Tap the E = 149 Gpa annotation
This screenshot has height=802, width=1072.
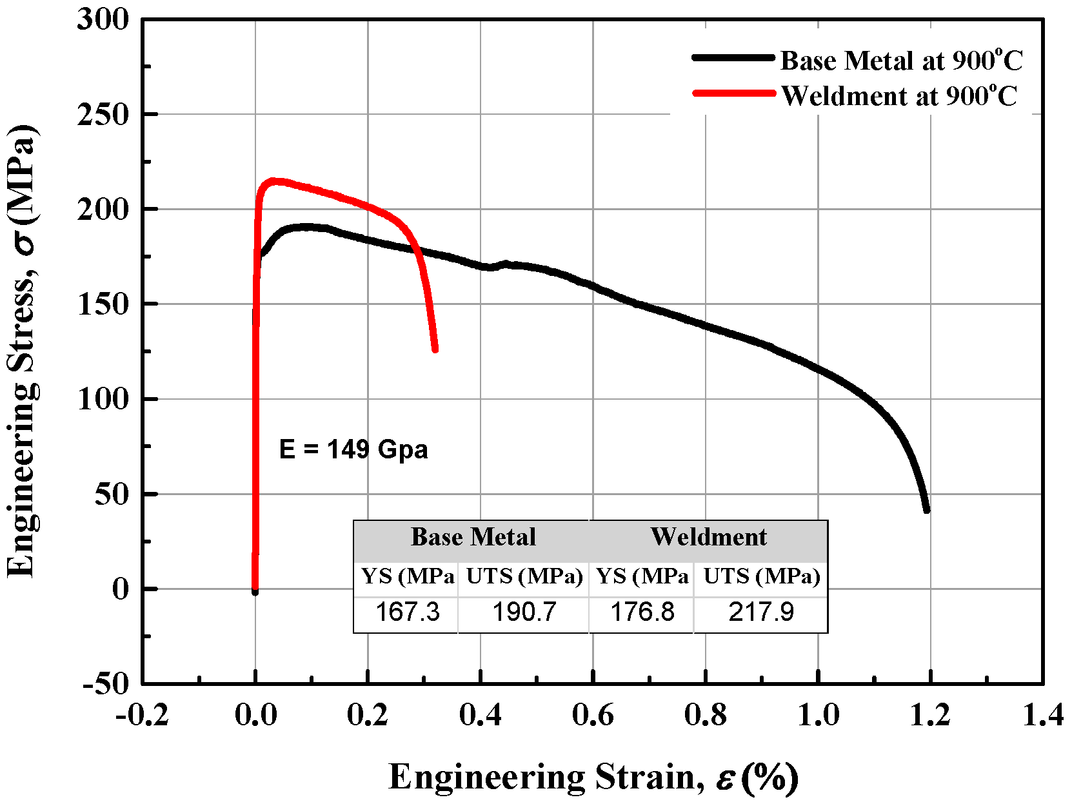click(353, 449)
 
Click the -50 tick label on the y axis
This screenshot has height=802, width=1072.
click(106, 684)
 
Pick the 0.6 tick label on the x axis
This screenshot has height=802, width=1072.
click(593, 716)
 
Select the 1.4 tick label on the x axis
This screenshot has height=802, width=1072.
click(1042, 716)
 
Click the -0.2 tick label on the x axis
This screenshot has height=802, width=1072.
click(142, 716)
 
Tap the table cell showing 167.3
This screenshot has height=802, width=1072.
click(407, 612)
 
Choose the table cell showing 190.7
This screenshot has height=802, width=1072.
click(524, 612)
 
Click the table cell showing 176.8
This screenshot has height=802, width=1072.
click(642, 612)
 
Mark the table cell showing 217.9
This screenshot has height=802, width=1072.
click(761, 612)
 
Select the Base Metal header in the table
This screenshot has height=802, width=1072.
click(473, 537)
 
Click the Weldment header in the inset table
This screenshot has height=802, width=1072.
click(708, 537)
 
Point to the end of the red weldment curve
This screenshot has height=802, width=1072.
click(435, 349)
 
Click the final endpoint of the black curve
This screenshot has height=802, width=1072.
click(927, 510)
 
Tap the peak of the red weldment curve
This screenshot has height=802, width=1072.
click(274, 182)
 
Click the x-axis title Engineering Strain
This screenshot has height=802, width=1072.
click(593, 777)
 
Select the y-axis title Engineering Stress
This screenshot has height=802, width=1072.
click(23, 351)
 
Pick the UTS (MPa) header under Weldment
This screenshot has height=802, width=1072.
click(761, 576)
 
